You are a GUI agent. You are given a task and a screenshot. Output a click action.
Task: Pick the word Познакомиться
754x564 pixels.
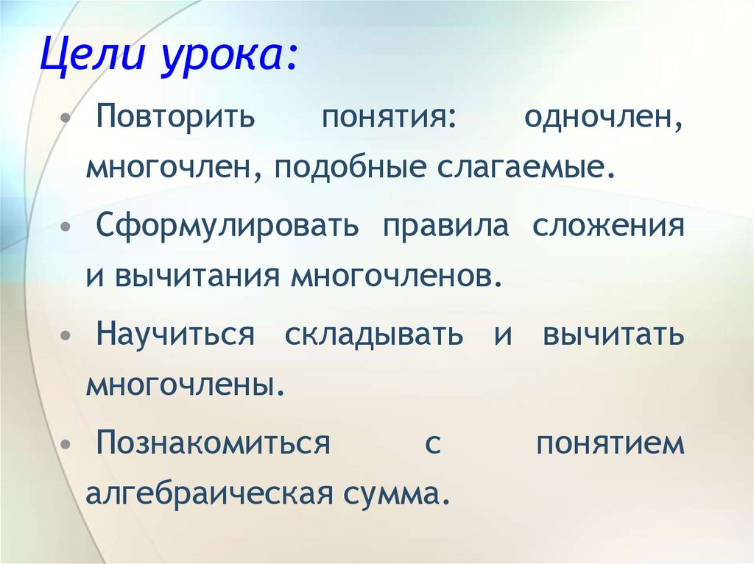(214, 444)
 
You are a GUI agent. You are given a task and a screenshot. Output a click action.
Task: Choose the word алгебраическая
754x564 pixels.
(205, 494)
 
